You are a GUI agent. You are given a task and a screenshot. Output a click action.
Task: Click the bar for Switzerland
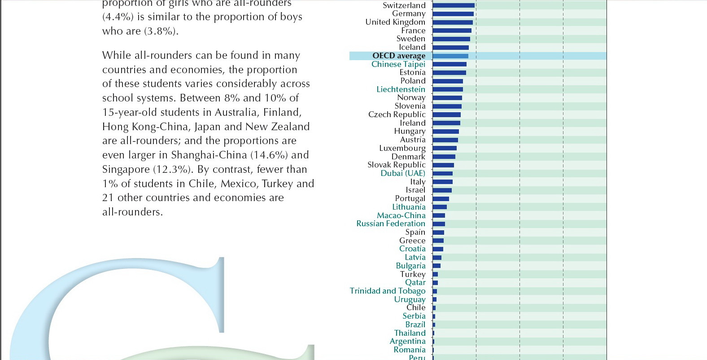pyautogui.click(x=453, y=5)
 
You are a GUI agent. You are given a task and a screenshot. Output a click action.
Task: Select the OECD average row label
pyautogui.click(x=398, y=56)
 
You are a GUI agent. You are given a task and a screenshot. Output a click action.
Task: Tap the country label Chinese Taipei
pyautogui.click(x=398, y=64)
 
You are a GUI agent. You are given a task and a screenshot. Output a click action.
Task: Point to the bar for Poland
pyautogui.click(x=448, y=81)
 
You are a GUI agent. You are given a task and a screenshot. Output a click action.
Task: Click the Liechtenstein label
pyautogui.click(x=401, y=89)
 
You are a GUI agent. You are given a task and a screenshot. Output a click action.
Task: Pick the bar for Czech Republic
pyautogui.click(x=446, y=115)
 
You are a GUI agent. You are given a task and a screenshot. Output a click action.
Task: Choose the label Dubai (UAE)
pyautogui.click(x=402, y=173)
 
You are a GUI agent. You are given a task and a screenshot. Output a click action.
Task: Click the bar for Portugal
pyautogui.click(x=441, y=199)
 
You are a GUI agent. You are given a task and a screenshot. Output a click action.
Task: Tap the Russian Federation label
pyautogui.click(x=390, y=224)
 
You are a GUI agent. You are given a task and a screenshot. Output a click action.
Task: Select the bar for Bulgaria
pyautogui.click(x=436, y=266)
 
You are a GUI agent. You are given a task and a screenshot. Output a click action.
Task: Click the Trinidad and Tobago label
pyautogui.click(x=387, y=291)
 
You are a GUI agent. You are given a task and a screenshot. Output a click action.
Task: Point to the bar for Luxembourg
pyautogui.click(x=445, y=148)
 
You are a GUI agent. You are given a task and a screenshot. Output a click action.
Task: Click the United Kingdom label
pyautogui.click(x=395, y=22)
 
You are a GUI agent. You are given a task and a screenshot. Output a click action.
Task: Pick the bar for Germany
pyautogui.click(x=453, y=14)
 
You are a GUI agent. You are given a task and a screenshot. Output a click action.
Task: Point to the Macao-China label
pyautogui.click(x=401, y=215)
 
